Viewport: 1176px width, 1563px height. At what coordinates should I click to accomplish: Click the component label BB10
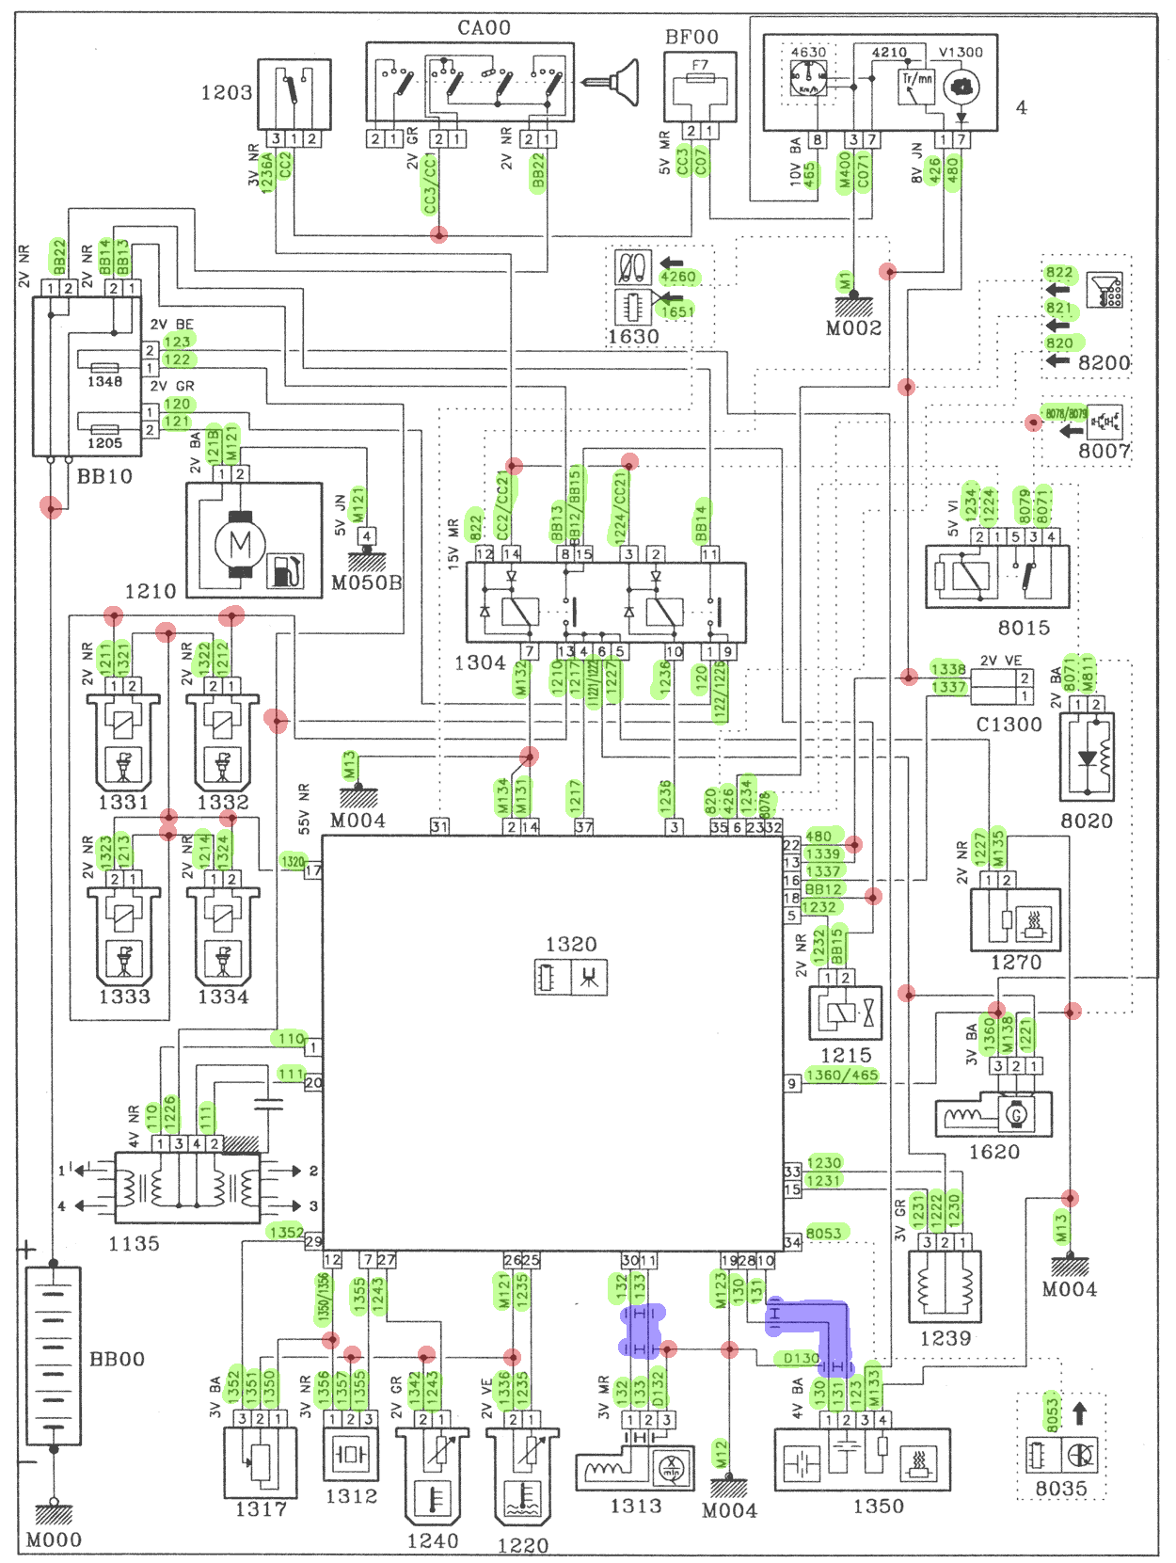[104, 476]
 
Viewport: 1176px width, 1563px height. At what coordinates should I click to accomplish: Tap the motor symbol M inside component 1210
[241, 544]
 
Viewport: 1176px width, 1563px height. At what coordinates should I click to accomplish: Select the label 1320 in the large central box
[571, 944]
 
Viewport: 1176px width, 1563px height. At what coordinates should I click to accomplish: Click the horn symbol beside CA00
[616, 82]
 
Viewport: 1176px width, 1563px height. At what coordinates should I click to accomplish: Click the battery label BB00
[117, 1359]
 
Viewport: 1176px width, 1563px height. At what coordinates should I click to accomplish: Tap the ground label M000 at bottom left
[54, 1539]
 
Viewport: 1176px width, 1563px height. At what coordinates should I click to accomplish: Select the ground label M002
[853, 328]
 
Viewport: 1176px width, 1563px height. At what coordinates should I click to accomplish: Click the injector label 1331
[123, 803]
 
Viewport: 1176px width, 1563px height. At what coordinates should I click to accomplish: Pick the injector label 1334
[223, 997]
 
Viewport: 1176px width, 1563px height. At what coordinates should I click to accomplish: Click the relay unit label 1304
[480, 663]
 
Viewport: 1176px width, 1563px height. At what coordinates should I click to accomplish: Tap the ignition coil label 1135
[135, 1244]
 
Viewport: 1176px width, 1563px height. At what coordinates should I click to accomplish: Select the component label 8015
[1024, 628]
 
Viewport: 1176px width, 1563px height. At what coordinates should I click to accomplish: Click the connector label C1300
[1009, 725]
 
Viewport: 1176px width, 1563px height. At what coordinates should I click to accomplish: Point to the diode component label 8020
[1087, 821]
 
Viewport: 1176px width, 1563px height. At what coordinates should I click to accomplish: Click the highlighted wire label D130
[802, 1358]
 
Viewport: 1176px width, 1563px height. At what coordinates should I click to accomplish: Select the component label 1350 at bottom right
[878, 1507]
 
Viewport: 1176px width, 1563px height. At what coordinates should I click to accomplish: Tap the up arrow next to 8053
[1080, 1413]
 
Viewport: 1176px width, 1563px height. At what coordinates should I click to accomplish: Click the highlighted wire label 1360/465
[842, 1075]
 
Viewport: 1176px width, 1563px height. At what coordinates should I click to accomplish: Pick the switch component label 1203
[227, 93]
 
